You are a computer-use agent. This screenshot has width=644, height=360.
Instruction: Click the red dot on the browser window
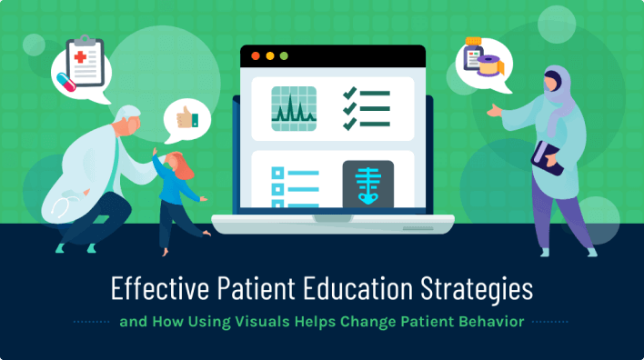[255, 56]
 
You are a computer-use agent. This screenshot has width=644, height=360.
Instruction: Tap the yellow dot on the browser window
[269, 56]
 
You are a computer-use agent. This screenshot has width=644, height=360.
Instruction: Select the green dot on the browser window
[284, 56]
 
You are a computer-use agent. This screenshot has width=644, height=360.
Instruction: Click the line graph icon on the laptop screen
[294, 109]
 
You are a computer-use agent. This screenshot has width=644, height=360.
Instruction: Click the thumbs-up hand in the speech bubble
[186, 118]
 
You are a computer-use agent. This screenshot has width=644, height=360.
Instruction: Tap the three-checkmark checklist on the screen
[365, 109]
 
